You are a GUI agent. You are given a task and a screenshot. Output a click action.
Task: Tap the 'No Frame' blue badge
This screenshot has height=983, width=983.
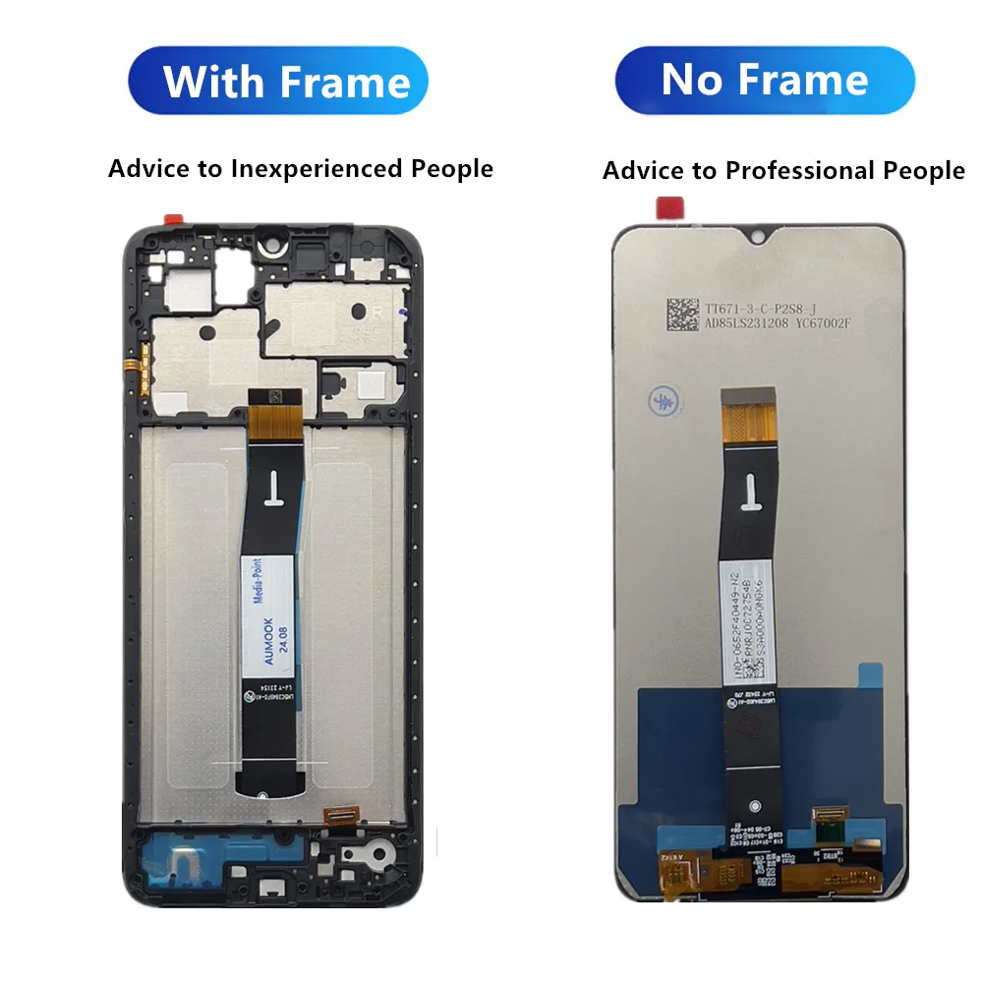click(x=765, y=80)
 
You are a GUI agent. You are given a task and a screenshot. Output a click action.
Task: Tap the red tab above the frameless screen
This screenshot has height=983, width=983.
click(x=670, y=207)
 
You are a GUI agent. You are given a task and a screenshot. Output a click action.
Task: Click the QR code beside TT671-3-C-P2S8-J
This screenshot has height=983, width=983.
click(x=684, y=317)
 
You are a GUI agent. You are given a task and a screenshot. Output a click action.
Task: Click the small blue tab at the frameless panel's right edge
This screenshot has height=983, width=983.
click(x=870, y=675)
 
